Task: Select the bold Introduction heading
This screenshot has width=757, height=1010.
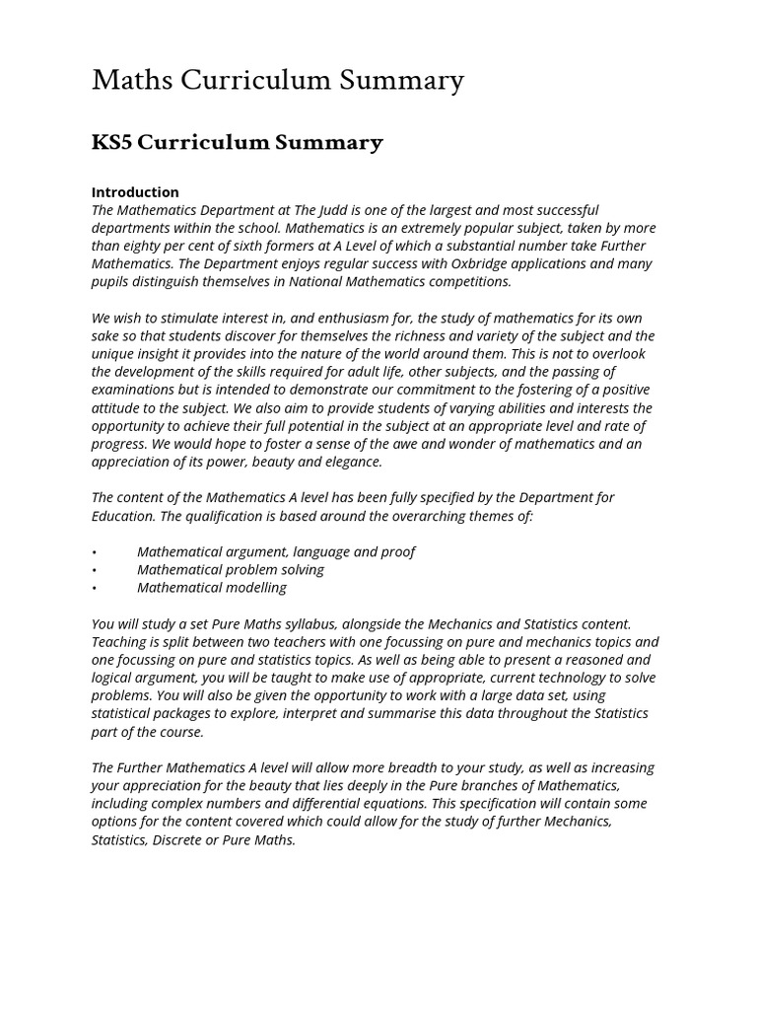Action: pyautogui.click(x=135, y=192)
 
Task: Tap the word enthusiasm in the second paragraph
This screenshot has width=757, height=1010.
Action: pyautogui.click(x=318, y=318)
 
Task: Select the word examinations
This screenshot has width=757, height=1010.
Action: pyautogui.click(x=134, y=390)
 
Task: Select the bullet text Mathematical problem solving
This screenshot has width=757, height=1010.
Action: pyautogui.click(x=231, y=570)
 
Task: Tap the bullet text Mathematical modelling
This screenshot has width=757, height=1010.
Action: pyautogui.click(x=212, y=588)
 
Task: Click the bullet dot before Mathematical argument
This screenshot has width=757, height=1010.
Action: pyautogui.click(x=95, y=552)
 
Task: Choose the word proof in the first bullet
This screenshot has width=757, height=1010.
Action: pyautogui.click(x=396, y=552)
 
